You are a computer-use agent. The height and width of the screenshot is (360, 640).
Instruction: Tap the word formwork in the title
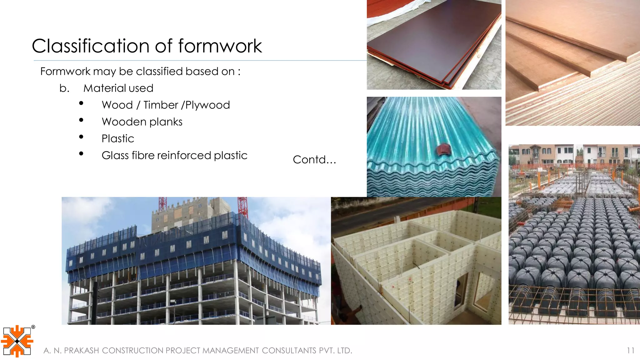[220, 46]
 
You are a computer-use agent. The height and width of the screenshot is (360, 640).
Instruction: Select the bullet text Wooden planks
[142, 122]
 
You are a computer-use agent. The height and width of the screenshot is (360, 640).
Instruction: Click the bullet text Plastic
[118, 139]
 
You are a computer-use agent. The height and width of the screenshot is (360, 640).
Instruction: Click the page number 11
[630, 351]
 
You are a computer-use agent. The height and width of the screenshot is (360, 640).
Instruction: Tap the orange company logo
[17, 341]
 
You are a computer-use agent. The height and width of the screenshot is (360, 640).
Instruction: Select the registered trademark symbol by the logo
[33, 327]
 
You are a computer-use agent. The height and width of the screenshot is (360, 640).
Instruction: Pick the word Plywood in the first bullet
[207, 105]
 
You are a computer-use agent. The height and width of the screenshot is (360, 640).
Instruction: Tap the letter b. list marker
[64, 88]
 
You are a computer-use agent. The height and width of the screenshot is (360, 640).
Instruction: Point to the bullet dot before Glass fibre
[81, 153]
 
